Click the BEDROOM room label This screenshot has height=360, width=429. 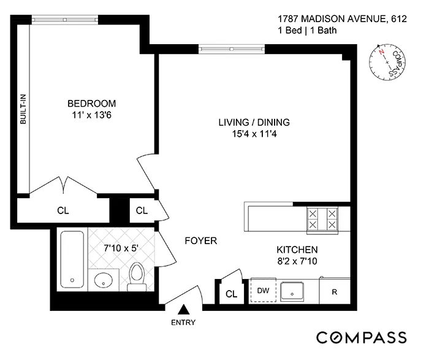[x=91, y=103]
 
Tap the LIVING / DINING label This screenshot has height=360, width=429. [x=254, y=122]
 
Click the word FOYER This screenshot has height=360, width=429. [x=201, y=241]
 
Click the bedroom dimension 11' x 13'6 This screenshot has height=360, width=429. [x=91, y=115]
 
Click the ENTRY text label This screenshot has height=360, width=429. [x=183, y=323]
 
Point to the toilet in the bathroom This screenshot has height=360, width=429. [x=137, y=277]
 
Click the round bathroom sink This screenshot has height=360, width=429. [x=104, y=280]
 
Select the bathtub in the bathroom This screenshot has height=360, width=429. [x=72, y=259]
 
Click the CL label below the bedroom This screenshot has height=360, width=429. [x=63, y=210]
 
